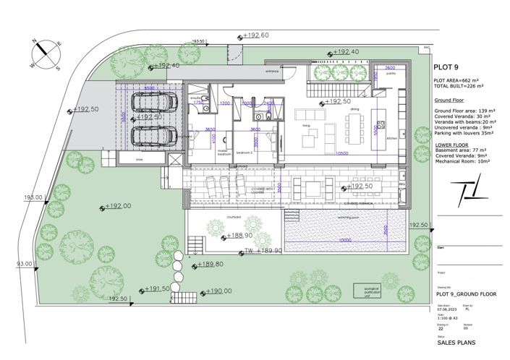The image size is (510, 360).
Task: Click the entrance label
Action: pyautogui.click(x=272, y=72)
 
